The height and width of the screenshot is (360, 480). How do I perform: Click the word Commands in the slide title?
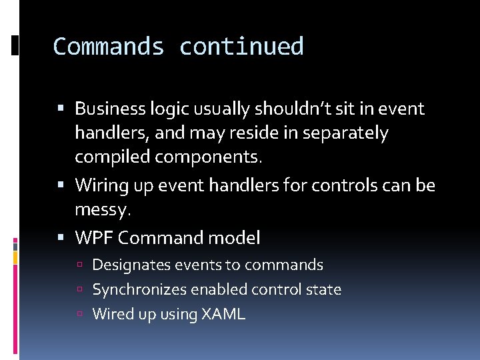[109, 47]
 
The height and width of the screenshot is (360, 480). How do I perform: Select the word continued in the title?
[241, 47]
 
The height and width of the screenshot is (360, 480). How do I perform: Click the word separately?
[345, 133]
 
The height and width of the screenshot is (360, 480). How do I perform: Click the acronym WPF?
[94, 237]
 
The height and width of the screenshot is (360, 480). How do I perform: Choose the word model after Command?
[237, 237]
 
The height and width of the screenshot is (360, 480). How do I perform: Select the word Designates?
[131, 265]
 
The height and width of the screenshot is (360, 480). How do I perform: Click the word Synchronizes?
[139, 290]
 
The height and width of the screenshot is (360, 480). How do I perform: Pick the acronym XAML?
[223, 314]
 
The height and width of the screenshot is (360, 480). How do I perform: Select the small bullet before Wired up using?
[80, 315]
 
